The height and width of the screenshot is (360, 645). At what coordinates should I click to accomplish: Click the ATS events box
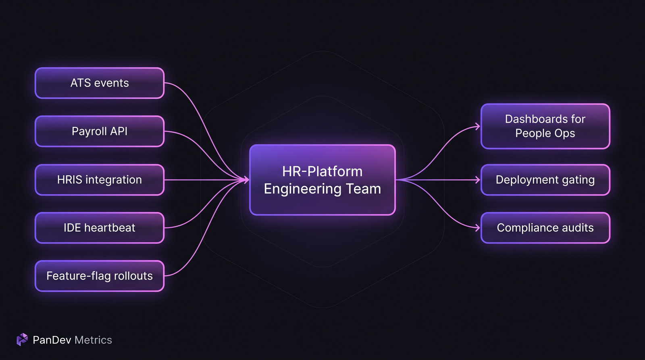coord(100,83)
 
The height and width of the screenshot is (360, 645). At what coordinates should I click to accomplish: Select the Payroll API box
coord(100,131)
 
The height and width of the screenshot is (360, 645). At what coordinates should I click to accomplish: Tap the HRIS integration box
coord(100,180)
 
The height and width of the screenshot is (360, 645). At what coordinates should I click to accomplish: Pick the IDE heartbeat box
coord(100,228)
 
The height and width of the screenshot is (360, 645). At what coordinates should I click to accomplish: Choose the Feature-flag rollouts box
coord(100,276)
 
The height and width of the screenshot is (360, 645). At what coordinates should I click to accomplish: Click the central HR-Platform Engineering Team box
coord(322,180)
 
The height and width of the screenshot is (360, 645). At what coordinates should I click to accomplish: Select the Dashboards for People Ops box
coord(545,126)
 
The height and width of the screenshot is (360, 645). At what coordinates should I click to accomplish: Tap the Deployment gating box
coord(545,180)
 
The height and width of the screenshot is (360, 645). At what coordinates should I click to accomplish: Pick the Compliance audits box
coord(545,228)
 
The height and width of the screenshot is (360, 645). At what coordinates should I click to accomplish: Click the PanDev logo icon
coord(22,339)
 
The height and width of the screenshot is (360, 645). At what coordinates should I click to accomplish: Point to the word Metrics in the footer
coord(93,340)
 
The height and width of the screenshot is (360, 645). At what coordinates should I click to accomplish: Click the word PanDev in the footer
coord(52,340)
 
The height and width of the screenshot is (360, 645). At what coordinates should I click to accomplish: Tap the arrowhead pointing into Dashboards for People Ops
coord(478,127)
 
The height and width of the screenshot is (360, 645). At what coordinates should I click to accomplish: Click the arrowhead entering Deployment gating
coord(478,180)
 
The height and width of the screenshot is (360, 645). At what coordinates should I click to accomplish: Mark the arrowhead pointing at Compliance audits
coord(478,228)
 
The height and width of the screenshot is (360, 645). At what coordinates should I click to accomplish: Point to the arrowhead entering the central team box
coord(246,180)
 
